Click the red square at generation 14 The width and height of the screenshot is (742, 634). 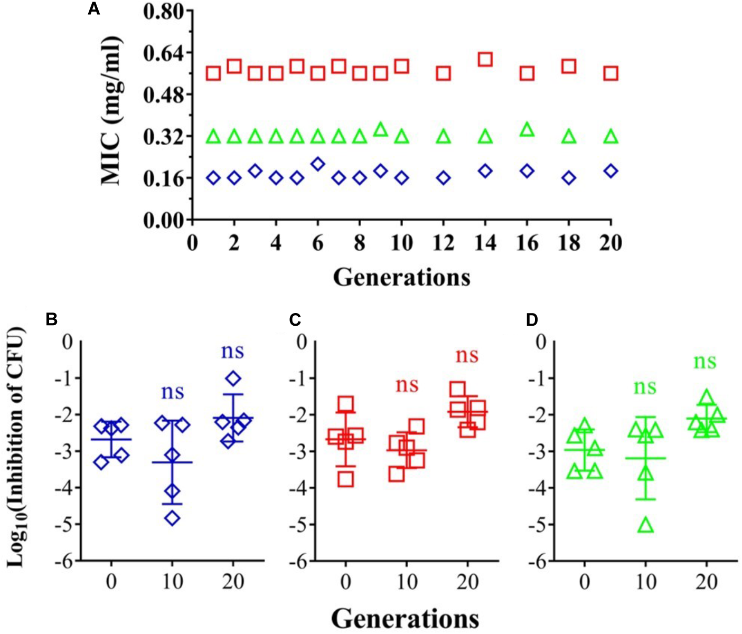pos(485,59)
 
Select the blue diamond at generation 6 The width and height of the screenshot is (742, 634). pos(317,164)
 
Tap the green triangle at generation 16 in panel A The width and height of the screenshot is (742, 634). pos(527,129)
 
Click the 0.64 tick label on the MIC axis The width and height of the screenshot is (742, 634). pos(165,53)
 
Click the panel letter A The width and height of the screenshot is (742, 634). pos(93,9)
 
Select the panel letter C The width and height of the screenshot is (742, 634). pos(295,320)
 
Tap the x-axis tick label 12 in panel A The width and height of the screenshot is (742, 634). pos(443,243)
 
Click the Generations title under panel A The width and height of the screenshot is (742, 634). pos(401,277)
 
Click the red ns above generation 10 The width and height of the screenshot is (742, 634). pos(407,385)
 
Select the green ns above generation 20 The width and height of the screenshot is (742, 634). pos(705,363)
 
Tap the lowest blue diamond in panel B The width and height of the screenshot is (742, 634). pos(173,518)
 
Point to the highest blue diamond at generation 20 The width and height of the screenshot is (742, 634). pos(233,378)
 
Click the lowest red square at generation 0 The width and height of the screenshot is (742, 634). pos(346,479)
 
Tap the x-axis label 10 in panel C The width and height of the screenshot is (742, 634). pos(407,582)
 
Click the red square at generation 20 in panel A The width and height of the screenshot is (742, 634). pos(611,73)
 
